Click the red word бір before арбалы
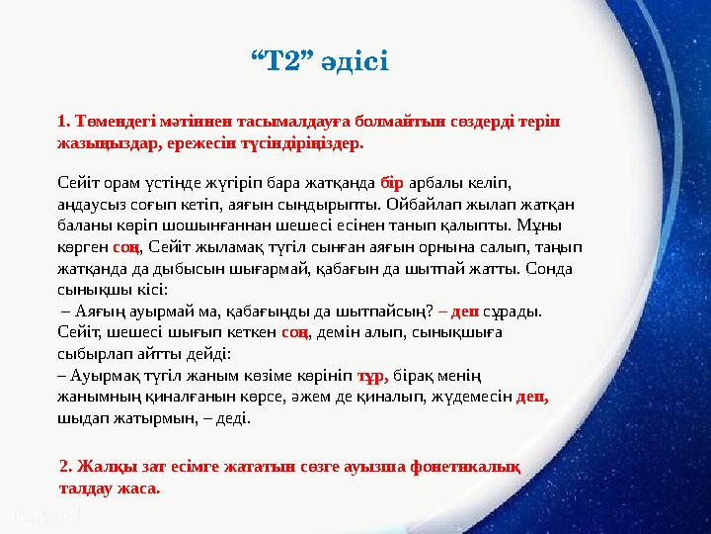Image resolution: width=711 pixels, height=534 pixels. [x=391, y=184]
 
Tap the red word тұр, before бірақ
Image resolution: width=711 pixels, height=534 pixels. [x=371, y=376]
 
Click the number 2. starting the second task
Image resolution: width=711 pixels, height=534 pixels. [x=66, y=467]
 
